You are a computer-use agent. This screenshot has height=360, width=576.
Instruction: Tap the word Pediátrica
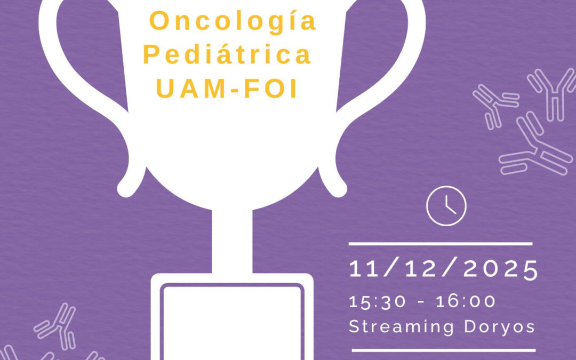[x=228, y=55]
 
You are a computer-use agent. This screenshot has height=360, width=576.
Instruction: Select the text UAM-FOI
[x=228, y=89]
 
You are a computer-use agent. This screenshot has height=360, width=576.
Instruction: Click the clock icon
[x=446, y=205]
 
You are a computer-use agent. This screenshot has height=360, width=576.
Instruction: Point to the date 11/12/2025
[x=443, y=269]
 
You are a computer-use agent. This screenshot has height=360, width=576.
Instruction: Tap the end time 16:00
[x=466, y=301]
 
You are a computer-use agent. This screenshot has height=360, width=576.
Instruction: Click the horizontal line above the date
[x=441, y=244]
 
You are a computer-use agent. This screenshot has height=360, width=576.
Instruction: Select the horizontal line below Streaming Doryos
[x=443, y=350]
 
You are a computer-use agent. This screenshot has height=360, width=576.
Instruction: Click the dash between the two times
[x=421, y=302]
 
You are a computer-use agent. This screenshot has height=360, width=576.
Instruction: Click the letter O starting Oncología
[x=159, y=21]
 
